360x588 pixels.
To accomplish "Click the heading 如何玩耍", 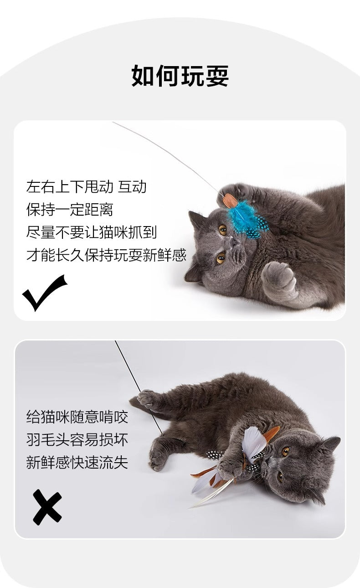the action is (x=180, y=76).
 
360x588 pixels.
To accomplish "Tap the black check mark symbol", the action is (x=44, y=293).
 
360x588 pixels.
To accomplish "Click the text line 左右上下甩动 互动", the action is (x=86, y=187).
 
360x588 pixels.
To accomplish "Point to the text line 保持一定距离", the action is (x=70, y=210).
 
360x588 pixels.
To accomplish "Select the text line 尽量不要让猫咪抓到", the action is (x=92, y=232).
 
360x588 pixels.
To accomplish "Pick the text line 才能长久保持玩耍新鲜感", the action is (x=106, y=255).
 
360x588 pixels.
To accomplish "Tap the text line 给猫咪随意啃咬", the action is (x=77, y=417).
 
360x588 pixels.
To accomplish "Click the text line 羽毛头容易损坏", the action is (x=77, y=440).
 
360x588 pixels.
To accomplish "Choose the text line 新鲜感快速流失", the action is (x=77, y=462).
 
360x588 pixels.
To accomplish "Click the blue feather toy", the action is (x=247, y=220).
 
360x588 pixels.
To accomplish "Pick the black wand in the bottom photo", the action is (x=139, y=388).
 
